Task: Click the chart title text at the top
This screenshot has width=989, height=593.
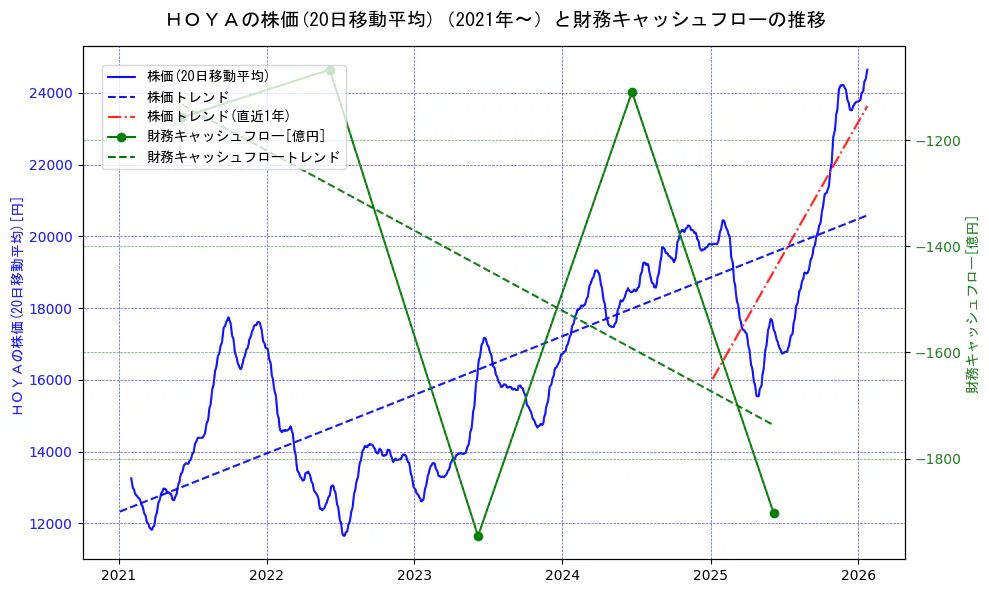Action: click(495, 19)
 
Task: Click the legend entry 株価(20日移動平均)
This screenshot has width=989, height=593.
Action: click(207, 76)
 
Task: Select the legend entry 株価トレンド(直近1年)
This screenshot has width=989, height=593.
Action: click(218, 116)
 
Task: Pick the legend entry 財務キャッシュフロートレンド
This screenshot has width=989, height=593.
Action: click(243, 157)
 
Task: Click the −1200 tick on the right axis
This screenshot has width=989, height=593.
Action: click(937, 141)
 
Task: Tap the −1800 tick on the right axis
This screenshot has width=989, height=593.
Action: click(937, 459)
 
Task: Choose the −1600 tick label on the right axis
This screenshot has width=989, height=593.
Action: click(937, 353)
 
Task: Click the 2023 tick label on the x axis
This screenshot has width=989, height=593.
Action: click(415, 576)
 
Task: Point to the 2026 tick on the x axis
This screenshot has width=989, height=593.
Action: click(858, 576)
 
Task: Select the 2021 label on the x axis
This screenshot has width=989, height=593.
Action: click(119, 576)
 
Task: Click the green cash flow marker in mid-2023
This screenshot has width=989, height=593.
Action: click(478, 536)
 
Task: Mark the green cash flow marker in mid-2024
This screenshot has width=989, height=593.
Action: click(632, 92)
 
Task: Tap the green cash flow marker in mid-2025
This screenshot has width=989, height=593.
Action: click(774, 513)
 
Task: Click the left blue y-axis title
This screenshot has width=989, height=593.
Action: click(16, 305)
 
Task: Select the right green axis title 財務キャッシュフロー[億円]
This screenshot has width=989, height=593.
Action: click(972, 305)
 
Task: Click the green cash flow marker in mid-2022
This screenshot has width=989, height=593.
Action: click(330, 70)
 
